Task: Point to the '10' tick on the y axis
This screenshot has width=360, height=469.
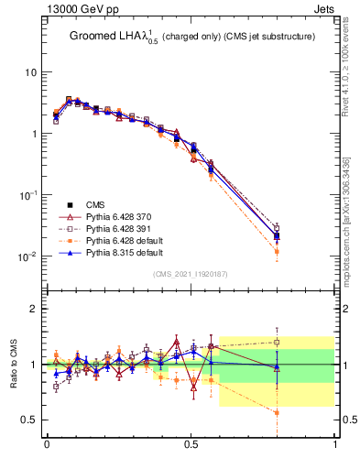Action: click(x=29, y=72)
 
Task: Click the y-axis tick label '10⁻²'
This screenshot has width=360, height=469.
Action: click(x=27, y=256)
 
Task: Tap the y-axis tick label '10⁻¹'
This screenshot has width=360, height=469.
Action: click(x=27, y=195)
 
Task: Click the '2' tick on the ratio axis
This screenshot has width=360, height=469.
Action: click(x=34, y=309)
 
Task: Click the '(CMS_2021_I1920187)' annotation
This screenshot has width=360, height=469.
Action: click(x=191, y=274)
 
